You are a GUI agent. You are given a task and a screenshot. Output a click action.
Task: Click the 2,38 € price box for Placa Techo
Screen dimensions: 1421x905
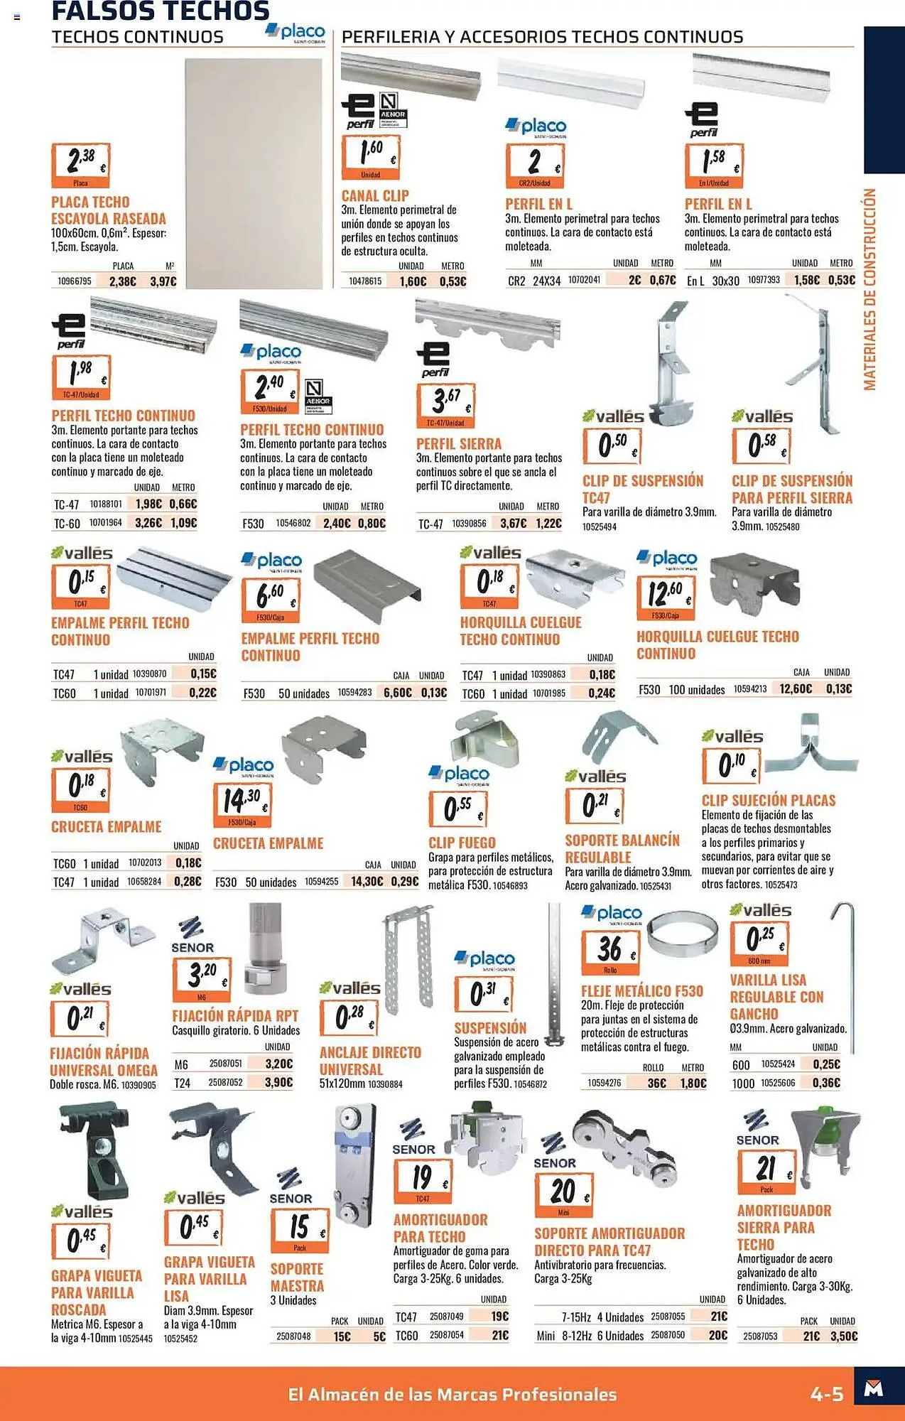click(80, 165)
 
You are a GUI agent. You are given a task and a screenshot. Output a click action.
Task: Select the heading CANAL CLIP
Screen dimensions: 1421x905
click(375, 195)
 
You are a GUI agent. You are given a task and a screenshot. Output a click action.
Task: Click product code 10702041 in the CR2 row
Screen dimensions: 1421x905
click(584, 280)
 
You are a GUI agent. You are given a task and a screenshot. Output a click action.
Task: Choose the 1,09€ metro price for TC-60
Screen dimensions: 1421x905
click(183, 523)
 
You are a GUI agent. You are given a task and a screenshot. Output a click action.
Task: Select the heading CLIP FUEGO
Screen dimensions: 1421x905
click(462, 843)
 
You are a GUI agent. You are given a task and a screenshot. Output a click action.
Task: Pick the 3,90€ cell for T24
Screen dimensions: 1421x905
click(278, 1082)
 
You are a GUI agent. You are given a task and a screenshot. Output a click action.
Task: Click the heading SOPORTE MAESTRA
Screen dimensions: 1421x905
click(297, 1277)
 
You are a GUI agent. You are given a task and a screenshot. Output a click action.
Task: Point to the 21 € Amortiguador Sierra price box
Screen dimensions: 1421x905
click(766, 1171)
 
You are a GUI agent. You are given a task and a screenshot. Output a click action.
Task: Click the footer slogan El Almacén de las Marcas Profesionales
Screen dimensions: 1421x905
click(452, 1394)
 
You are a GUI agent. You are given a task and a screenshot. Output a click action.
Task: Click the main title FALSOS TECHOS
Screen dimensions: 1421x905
click(161, 11)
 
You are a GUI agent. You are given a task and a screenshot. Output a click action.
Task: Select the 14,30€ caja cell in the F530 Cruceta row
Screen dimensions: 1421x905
click(366, 881)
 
